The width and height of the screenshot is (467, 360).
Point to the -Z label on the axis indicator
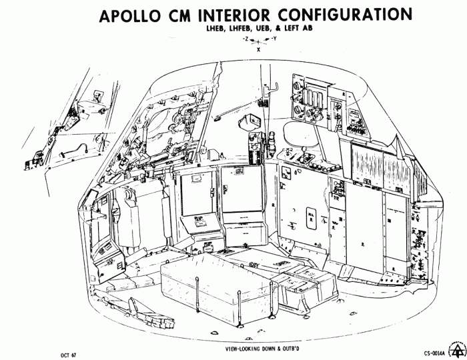point(247,40)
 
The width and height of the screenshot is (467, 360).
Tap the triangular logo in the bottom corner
point(458,351)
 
